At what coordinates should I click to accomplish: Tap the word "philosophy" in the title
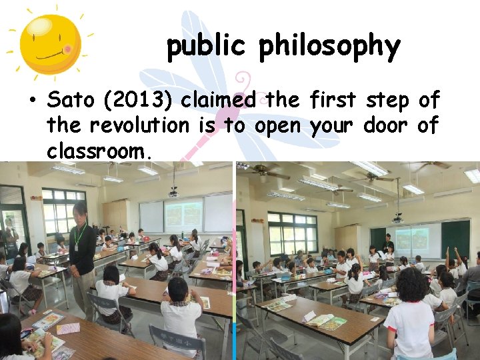[x=329, y=47]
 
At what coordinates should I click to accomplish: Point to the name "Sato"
[x=70, y=101]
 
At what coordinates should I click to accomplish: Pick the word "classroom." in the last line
[x=100, y=151]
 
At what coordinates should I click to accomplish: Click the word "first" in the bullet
[x=333, y=101]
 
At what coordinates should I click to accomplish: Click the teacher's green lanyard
[x=80, y=235]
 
